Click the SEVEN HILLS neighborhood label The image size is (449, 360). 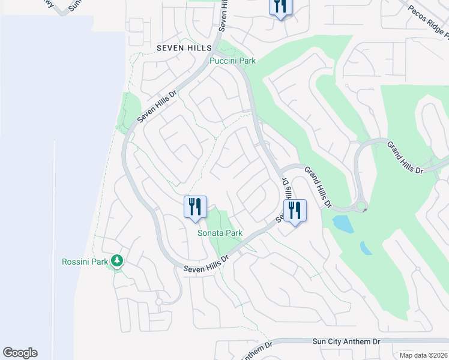tap(184, 47)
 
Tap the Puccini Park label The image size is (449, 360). tap(232, 61)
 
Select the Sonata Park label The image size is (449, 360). tap(220, 233)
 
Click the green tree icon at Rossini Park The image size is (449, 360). tap(118, 261)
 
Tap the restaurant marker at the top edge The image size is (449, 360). tap(280, 7)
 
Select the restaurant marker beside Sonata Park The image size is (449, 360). tap(195, 208)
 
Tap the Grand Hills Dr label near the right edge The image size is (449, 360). tap(405, 158)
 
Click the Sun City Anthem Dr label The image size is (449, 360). tap(346, 341)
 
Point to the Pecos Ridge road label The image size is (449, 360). tap(429, 22)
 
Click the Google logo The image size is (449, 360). tap(20, 353)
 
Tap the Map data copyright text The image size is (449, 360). tap(423, 355)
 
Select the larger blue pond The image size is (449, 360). tap(343, 224)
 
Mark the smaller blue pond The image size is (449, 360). tap(366, 248)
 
